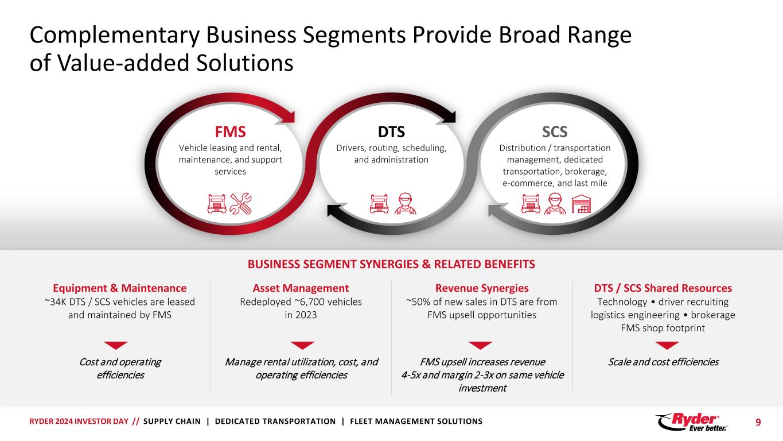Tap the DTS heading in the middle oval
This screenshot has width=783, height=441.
tap(391, 133)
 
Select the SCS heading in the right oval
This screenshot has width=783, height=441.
tap(555, 133)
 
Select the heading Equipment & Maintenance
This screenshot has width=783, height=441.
tap(119, 288)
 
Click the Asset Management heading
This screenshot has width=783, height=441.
tap(301, 288)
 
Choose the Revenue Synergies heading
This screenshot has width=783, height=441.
tap(482, 288)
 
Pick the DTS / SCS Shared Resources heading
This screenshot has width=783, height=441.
tap(663, 288)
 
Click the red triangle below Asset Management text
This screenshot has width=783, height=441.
tap(302, 345)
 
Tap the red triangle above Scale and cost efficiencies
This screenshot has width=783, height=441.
tap(667, 345)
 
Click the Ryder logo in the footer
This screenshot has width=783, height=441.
tap(691, 421)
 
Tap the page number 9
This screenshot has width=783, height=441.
tap(758, 422)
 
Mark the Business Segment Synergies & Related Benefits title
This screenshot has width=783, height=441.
tap(391, 264)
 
